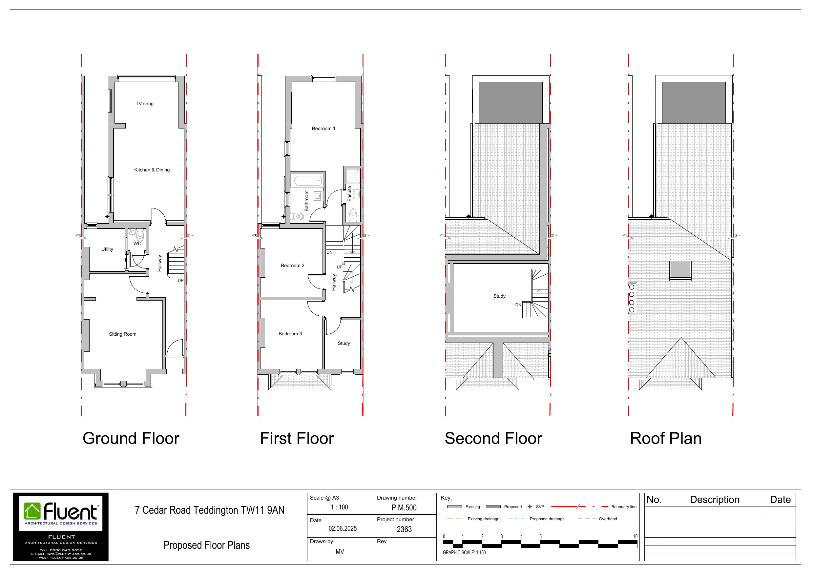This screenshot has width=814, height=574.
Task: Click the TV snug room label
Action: coord(145,104)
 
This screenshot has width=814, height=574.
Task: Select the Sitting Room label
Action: coord(123,334)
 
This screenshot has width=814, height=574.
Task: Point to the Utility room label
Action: coord(107,249)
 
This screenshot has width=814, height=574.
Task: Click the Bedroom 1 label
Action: coord(323,129)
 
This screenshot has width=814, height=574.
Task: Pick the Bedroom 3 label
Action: coord(290,334)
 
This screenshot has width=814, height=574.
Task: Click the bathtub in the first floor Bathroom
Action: coord(308,180)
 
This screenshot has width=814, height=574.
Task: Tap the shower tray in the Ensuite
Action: coord(353,176)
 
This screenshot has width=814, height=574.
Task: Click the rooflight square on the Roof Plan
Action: coord(680,270)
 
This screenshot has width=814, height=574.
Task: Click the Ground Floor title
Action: coord(131,439)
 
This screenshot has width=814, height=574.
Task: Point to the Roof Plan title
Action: coord(666,439)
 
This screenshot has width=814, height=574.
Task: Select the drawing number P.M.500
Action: coord(404,508)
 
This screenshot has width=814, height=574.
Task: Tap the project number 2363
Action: coord(404,529)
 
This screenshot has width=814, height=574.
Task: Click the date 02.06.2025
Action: coord(343,529)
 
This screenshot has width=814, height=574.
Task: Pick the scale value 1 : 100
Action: coord(339,507)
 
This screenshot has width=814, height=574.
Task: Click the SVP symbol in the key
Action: coord(530,507)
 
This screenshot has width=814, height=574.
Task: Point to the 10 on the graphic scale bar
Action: coord(635,536)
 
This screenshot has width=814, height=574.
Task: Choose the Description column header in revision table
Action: coord(714,500)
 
